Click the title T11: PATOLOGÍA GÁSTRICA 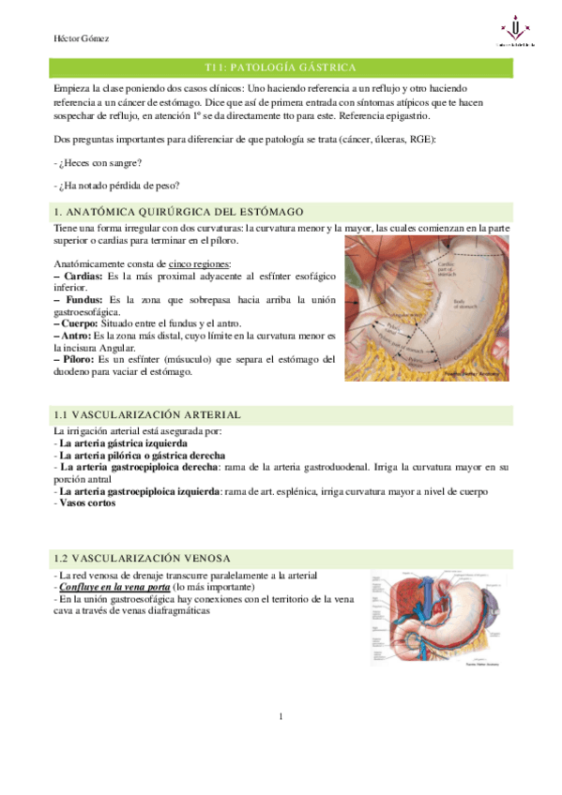pos(281,67)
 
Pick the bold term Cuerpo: pos(80,322)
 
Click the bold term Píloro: pos(79,358)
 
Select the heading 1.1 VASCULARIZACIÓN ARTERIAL pos(148,413)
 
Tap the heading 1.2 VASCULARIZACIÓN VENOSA pos(143,557)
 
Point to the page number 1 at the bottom pos(281,717)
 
